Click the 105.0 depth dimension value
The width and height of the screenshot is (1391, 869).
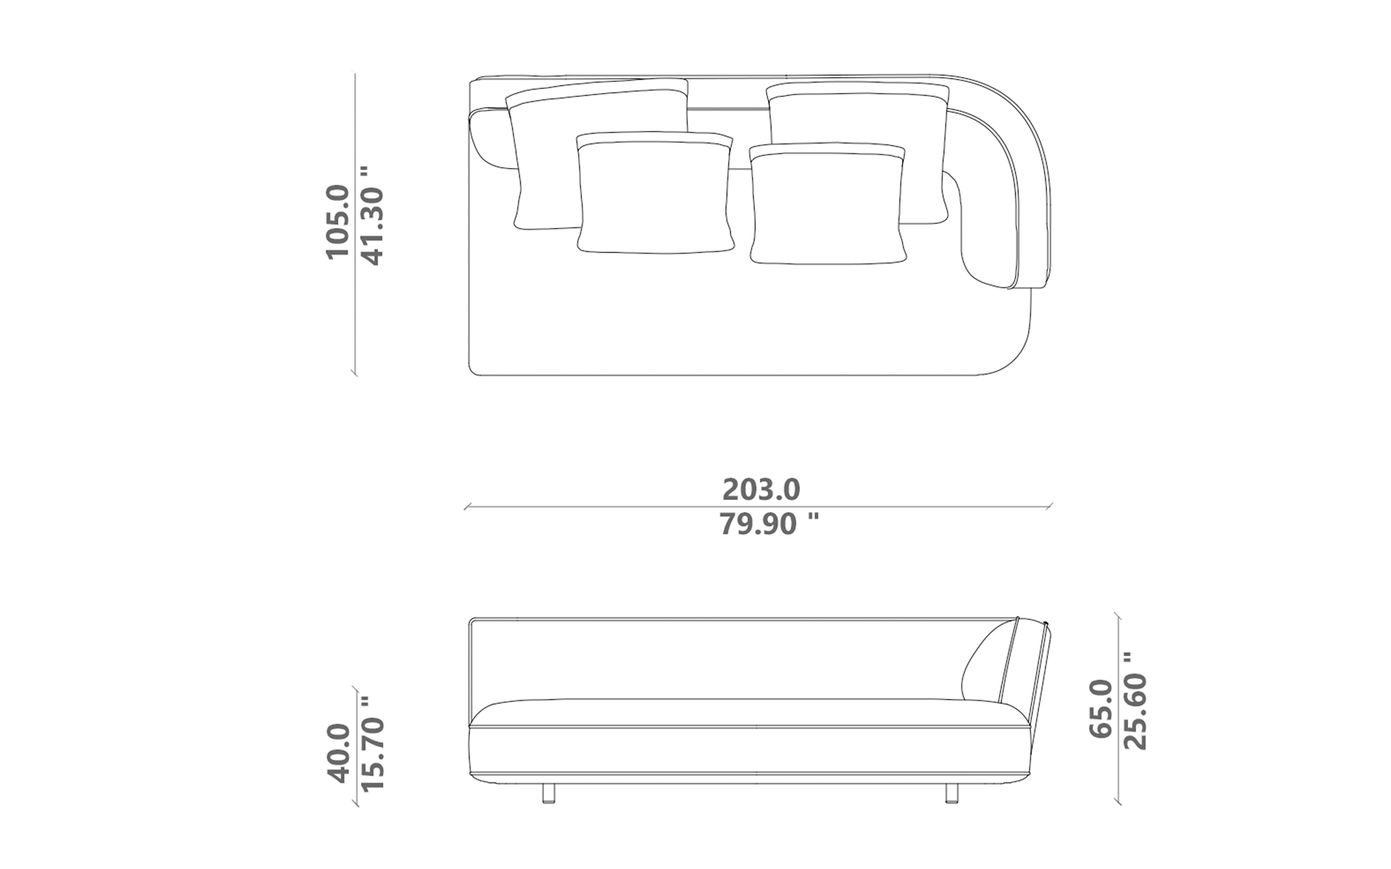pos(338,222)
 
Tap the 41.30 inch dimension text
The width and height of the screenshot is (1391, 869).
pos(372,216)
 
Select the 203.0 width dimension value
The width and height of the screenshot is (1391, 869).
pos(761,490)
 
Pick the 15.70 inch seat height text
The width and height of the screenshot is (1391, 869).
pos(372,744)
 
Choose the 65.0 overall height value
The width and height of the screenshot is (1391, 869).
pos(1100,708)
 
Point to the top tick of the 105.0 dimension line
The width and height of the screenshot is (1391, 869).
pos(354,75)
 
